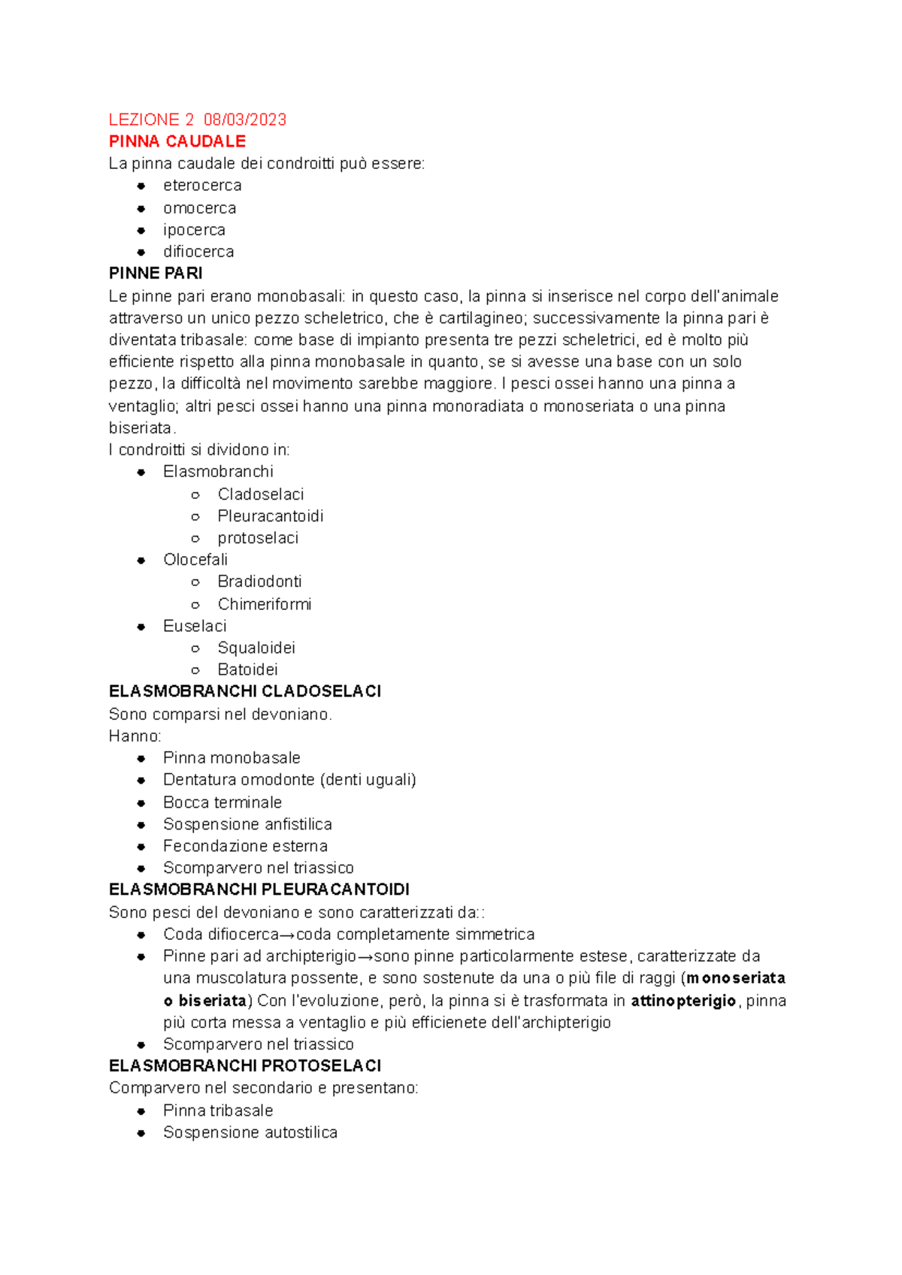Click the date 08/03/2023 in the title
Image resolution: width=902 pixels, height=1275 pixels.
point(245,119)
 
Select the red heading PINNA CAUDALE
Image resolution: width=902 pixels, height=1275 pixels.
point(177,141)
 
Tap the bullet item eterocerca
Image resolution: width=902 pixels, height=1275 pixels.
point(202,186)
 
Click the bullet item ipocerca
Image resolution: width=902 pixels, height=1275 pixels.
point(194,230)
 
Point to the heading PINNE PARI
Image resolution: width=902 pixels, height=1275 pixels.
point(156,273)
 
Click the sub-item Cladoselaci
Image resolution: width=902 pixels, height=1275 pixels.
point(261,494)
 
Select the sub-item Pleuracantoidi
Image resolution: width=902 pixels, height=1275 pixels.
point(271,516)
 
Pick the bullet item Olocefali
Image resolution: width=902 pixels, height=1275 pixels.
point(195,560)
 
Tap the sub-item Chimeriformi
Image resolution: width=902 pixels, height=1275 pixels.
point(265,604)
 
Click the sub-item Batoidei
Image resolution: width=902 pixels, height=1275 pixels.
point(247,669)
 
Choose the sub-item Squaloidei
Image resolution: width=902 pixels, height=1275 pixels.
point(256,648)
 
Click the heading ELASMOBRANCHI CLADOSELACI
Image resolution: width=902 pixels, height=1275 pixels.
point(245,691)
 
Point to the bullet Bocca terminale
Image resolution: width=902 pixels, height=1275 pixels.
point(222,802)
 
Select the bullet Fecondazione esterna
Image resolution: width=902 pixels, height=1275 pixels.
point(245,846)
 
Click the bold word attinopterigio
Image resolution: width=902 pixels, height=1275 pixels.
point(683,1001)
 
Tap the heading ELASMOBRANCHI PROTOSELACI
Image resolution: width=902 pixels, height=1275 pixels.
point(245,1066)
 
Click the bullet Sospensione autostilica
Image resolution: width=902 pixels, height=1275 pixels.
point(250,1132)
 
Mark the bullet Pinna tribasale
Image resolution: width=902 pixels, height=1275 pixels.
point(218,1110)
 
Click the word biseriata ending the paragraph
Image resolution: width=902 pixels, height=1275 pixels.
point(141,428)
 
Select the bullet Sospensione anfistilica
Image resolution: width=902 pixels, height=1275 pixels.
point(247,824)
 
